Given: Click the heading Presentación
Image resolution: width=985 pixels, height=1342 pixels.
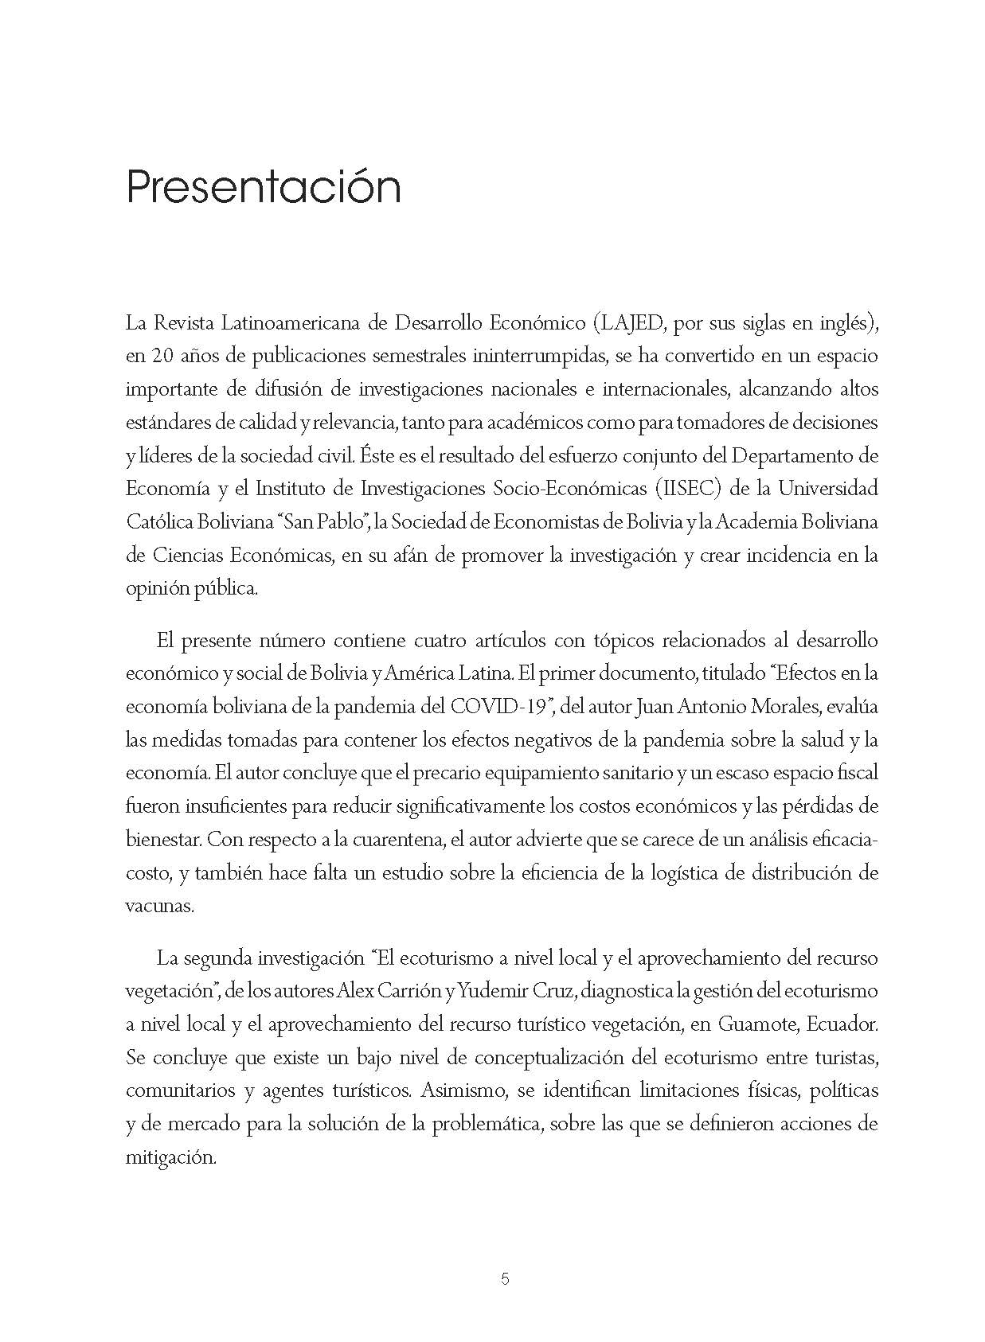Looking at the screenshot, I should (x=263, y=189).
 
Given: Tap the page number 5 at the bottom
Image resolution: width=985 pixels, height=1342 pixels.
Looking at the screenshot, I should (x=505, y=1279).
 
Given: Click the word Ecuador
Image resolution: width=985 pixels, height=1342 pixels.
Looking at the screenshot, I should (x=842, y=1024).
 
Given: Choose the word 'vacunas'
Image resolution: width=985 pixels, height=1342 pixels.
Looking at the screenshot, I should (x=159, y=906).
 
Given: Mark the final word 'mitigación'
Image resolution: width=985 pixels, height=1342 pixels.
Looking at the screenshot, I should (x=170, y=1157).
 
